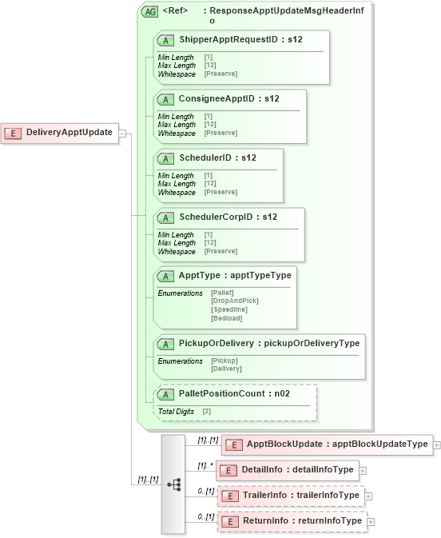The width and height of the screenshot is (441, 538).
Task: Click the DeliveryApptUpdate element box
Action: (x=61, y=133)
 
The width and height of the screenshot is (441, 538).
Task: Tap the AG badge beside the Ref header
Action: (x=149, y=12)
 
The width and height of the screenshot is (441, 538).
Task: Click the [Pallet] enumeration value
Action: (x=223, y=293)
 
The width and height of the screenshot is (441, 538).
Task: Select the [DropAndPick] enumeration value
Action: (x=235, y=301)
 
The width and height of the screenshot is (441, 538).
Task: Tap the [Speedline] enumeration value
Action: (x=229, y=309)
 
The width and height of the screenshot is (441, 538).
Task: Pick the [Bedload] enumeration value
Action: (x=226, y=318)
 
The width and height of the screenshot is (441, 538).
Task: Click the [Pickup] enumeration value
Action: (x=224, y=361)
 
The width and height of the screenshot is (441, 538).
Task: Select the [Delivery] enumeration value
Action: (x=226, y=369)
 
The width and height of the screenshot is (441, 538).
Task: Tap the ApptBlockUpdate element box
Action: (x=327, y=444)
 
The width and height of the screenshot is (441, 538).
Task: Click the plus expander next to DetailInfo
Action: (x=364, y=470)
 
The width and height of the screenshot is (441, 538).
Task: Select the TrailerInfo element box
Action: (x=292, y=496)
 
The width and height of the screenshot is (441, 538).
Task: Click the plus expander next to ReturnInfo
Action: (x=371, y=522)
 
